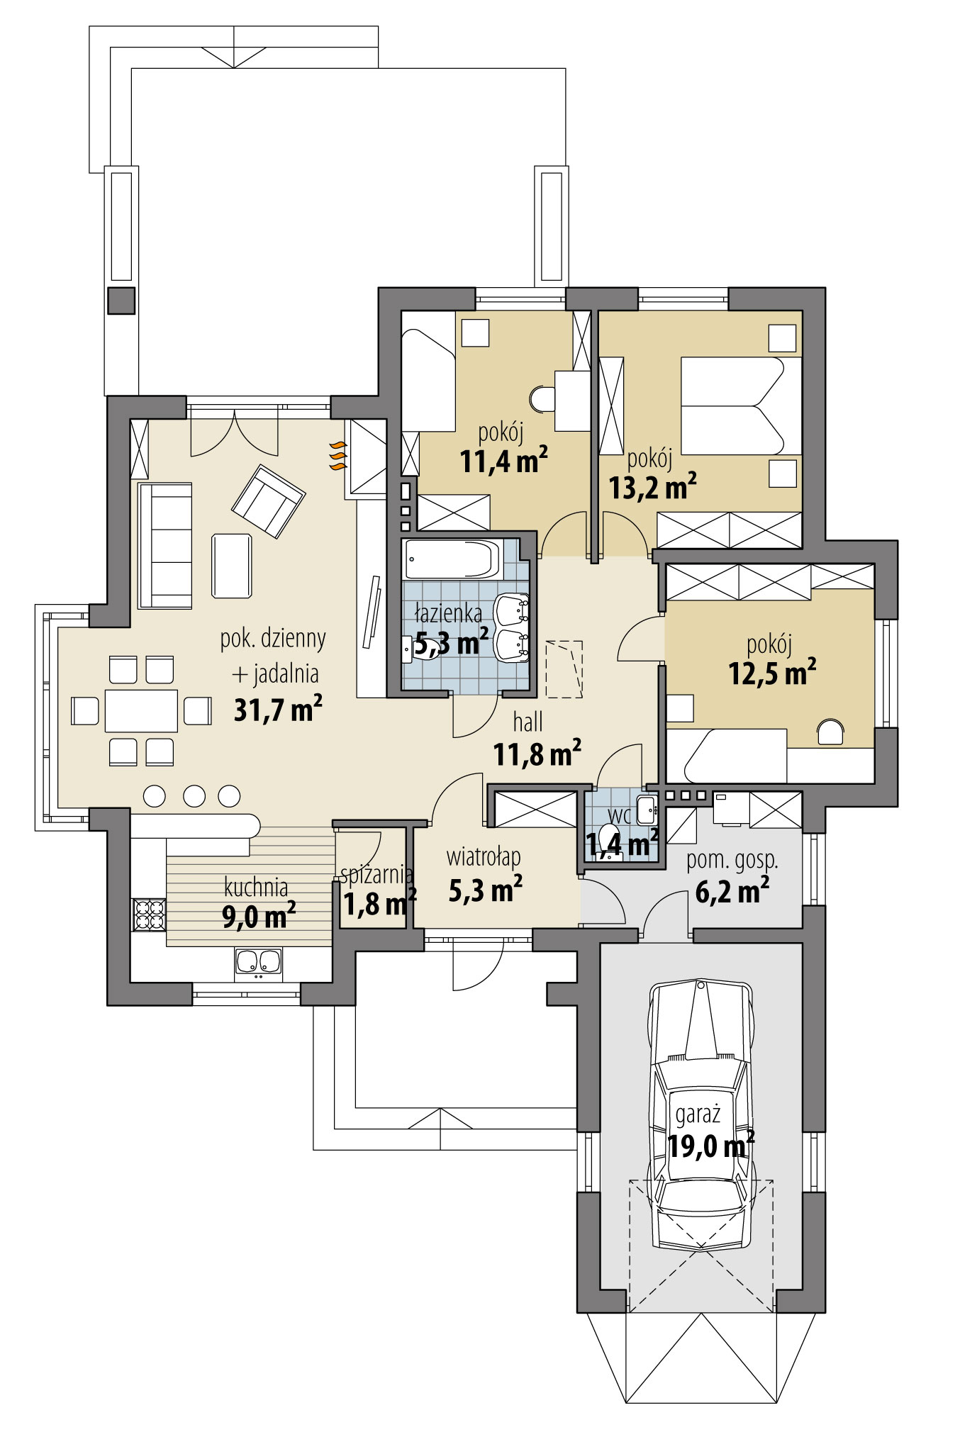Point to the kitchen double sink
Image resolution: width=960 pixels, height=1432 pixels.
coord(258,962)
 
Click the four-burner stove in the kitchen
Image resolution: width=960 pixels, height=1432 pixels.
coord(149,914)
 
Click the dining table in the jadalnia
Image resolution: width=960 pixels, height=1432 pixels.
coord(141,710)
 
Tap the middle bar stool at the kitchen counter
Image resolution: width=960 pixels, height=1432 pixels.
coord(194,795)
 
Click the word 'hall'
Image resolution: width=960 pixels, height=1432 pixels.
coord(528,722)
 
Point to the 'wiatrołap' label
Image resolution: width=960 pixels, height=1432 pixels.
coord(484,857)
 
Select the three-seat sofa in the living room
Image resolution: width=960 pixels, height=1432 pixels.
coord(165,546)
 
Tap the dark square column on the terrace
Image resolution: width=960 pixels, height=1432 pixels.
coord(121,301)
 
